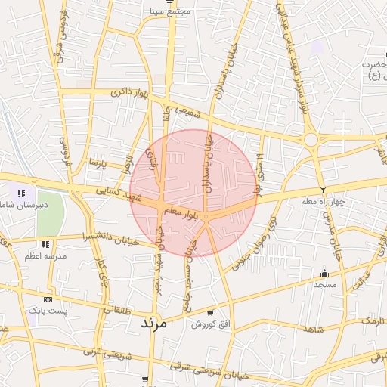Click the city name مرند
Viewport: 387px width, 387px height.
tap(157, 322)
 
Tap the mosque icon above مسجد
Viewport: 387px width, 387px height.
tap(325, 273)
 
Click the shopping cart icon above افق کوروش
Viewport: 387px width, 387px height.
tap(209, 313)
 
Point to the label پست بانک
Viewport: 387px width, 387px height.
tap(48, 311)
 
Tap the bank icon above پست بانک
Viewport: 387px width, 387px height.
tap(48, 299)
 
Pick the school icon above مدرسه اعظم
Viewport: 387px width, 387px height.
tap(46, 244)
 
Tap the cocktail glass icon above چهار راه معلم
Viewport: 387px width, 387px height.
tap(324, 190)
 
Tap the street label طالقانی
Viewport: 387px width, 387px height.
tap(117, 310)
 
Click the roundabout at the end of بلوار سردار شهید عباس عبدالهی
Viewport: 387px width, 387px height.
tap(310, 139)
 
